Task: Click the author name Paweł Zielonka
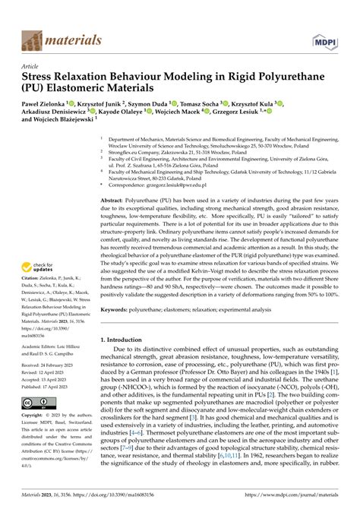(x=43, y=103)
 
